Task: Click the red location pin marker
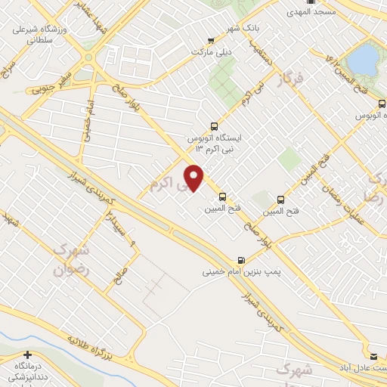coord(195,178)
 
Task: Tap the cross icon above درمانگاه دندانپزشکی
coord(28,355)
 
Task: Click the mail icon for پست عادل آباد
coord(373,355)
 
